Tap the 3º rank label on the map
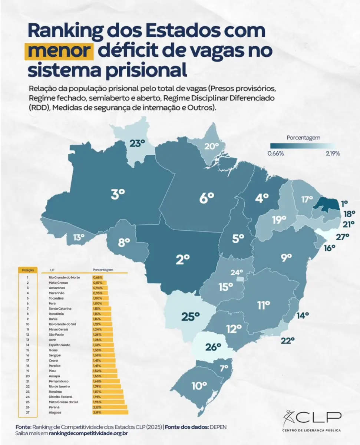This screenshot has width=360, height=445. click(x=118, y=194)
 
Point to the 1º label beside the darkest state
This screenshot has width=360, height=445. click(x=344, y=203)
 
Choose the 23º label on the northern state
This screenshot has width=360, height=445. click(x=137, y=143)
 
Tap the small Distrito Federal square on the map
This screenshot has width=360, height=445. click(x=241, y=278)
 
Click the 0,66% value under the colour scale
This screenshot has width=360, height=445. click(x=276, y=154)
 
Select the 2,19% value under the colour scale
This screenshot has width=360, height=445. click(x=332, y=154)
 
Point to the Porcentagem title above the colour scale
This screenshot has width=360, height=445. click(x=303, y=138)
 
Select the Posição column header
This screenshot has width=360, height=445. click(x=28, y=270)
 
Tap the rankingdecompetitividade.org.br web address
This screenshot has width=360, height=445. click(x=89, y=433)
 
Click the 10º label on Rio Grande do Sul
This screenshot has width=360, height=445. click(x=199, y=386)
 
